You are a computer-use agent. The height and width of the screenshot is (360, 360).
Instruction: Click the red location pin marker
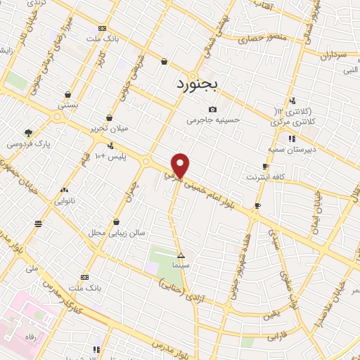181,165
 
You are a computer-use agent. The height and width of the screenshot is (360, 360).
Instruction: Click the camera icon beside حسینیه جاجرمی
213,109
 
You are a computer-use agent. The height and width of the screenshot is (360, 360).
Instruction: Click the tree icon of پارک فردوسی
27,132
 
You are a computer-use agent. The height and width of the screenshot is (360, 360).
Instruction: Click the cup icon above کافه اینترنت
265,167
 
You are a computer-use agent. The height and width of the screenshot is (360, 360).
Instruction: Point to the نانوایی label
65,200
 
